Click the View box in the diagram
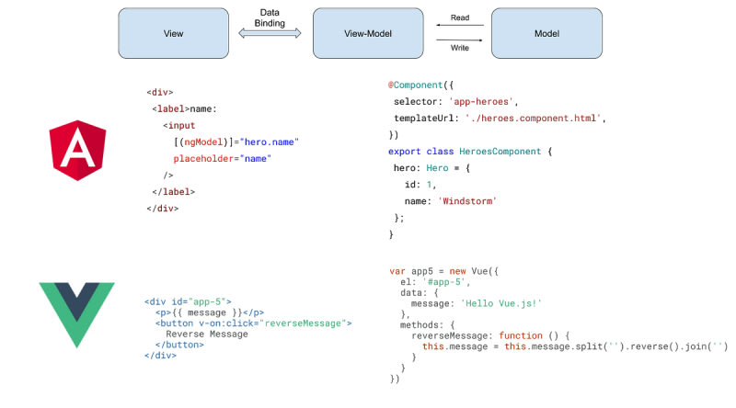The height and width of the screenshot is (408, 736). click(x=173, y=34)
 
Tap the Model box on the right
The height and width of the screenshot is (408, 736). click(x=546, y=34)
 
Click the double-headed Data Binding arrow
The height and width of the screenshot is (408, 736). click(x=270, y=33)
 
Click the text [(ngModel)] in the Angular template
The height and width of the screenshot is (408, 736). click(x=205, y=142)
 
